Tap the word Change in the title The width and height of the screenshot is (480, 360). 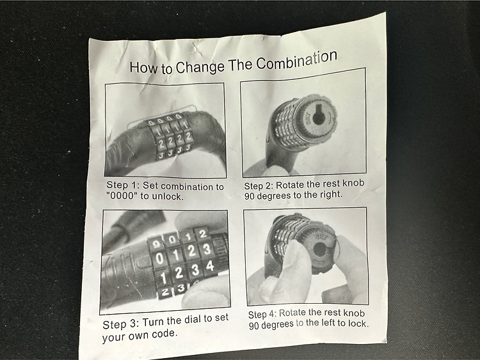(200, 67)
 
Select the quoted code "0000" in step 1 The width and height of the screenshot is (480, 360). (122, 196)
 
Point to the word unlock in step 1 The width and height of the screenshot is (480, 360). (168, 196)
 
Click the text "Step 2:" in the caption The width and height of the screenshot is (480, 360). (259, 186)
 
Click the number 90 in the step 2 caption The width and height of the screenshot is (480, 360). (250, 196)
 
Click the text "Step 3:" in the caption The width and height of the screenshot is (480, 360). (121, 324)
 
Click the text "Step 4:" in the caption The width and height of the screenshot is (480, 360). (262, 314)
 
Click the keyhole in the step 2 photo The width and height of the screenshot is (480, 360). (318, 115)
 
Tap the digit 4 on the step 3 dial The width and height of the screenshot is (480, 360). (210, 266)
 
